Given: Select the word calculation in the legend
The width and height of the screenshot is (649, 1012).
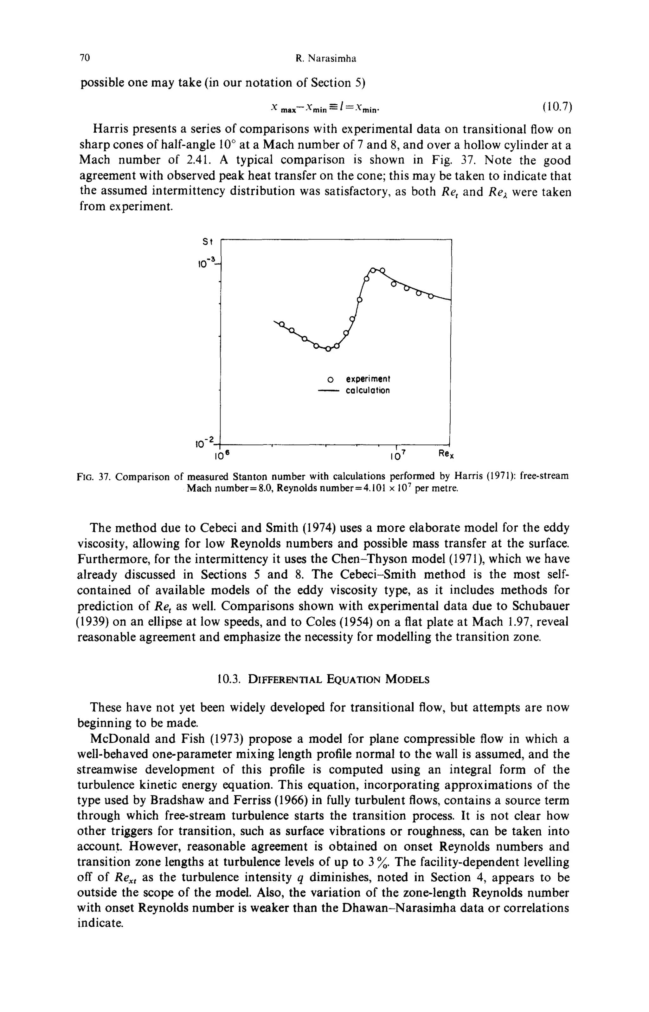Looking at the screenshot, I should tap(368, 390).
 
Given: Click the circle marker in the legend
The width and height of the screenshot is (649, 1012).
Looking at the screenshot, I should tap(331, 378).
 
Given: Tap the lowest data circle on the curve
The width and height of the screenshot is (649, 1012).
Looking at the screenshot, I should tap(328, 349).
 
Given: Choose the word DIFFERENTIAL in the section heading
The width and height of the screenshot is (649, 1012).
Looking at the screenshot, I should tap(285, 680).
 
